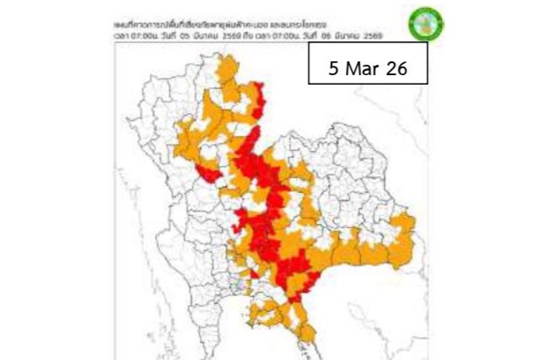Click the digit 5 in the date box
pos(335,69)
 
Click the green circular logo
pos(423,23)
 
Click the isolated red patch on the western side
pos(208,174)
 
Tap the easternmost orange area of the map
pos(406,233)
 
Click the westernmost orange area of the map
pos(185,138)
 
